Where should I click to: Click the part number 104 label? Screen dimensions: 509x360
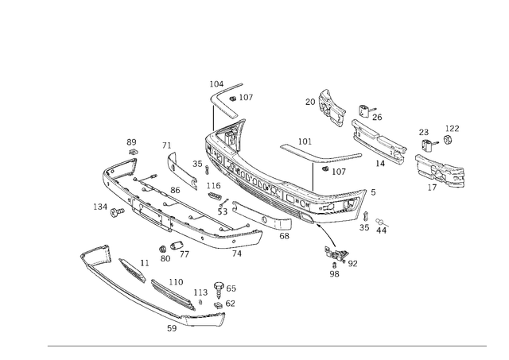216,84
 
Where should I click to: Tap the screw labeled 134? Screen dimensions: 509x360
117,213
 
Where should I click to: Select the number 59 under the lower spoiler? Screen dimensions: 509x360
172,328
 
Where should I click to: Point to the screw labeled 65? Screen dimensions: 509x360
219,290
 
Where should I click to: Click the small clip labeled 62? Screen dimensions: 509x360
219,305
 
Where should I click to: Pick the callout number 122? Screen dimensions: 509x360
453,129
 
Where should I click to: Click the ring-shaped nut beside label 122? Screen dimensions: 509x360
448,139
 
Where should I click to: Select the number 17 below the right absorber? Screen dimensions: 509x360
432,188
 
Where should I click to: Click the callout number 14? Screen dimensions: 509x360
380,164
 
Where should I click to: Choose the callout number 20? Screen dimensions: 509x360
310,102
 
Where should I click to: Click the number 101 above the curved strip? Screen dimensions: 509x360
305,141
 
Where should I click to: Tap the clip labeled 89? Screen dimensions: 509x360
133,152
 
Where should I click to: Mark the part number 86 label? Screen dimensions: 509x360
175,190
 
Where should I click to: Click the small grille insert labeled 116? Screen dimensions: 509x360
214,195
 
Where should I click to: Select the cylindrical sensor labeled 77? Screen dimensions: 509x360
177,245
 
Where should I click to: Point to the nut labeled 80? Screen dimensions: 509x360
162,249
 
